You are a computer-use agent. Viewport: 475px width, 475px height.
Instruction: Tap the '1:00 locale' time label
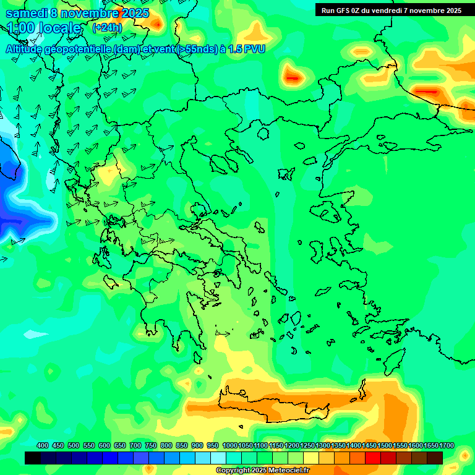point(44,28)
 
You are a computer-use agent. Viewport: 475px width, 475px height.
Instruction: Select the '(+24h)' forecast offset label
point(107,28)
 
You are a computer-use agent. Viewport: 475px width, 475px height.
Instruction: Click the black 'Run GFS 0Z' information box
point(392,10)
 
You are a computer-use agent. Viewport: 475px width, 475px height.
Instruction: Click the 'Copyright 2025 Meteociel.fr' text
point(262,471)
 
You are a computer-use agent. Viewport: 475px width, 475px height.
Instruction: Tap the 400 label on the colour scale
point(43,445)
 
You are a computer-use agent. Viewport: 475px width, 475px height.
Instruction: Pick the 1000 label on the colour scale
point(229,445)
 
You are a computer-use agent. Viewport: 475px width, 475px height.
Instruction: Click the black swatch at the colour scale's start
point(33,458)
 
